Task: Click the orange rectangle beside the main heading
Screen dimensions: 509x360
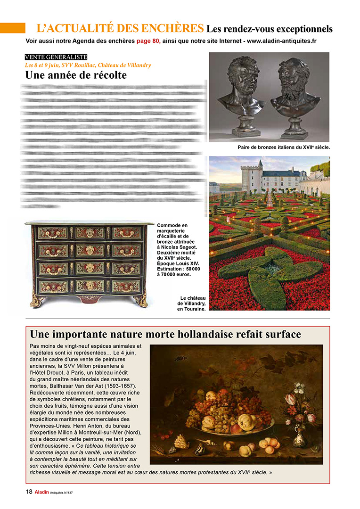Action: coord(13,28)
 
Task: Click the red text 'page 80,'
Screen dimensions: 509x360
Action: coord(148,41)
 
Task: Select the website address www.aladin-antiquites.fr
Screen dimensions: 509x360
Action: coord(281,41)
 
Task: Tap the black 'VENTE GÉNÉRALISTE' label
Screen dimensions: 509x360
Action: coord(56,57)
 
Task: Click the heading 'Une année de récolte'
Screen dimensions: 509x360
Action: coord(76,75)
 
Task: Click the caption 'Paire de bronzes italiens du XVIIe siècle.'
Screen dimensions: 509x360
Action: coord(284,147)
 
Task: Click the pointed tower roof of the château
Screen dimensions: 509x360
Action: coord(260,164)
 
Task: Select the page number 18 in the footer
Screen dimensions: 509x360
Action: coord(29,492)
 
